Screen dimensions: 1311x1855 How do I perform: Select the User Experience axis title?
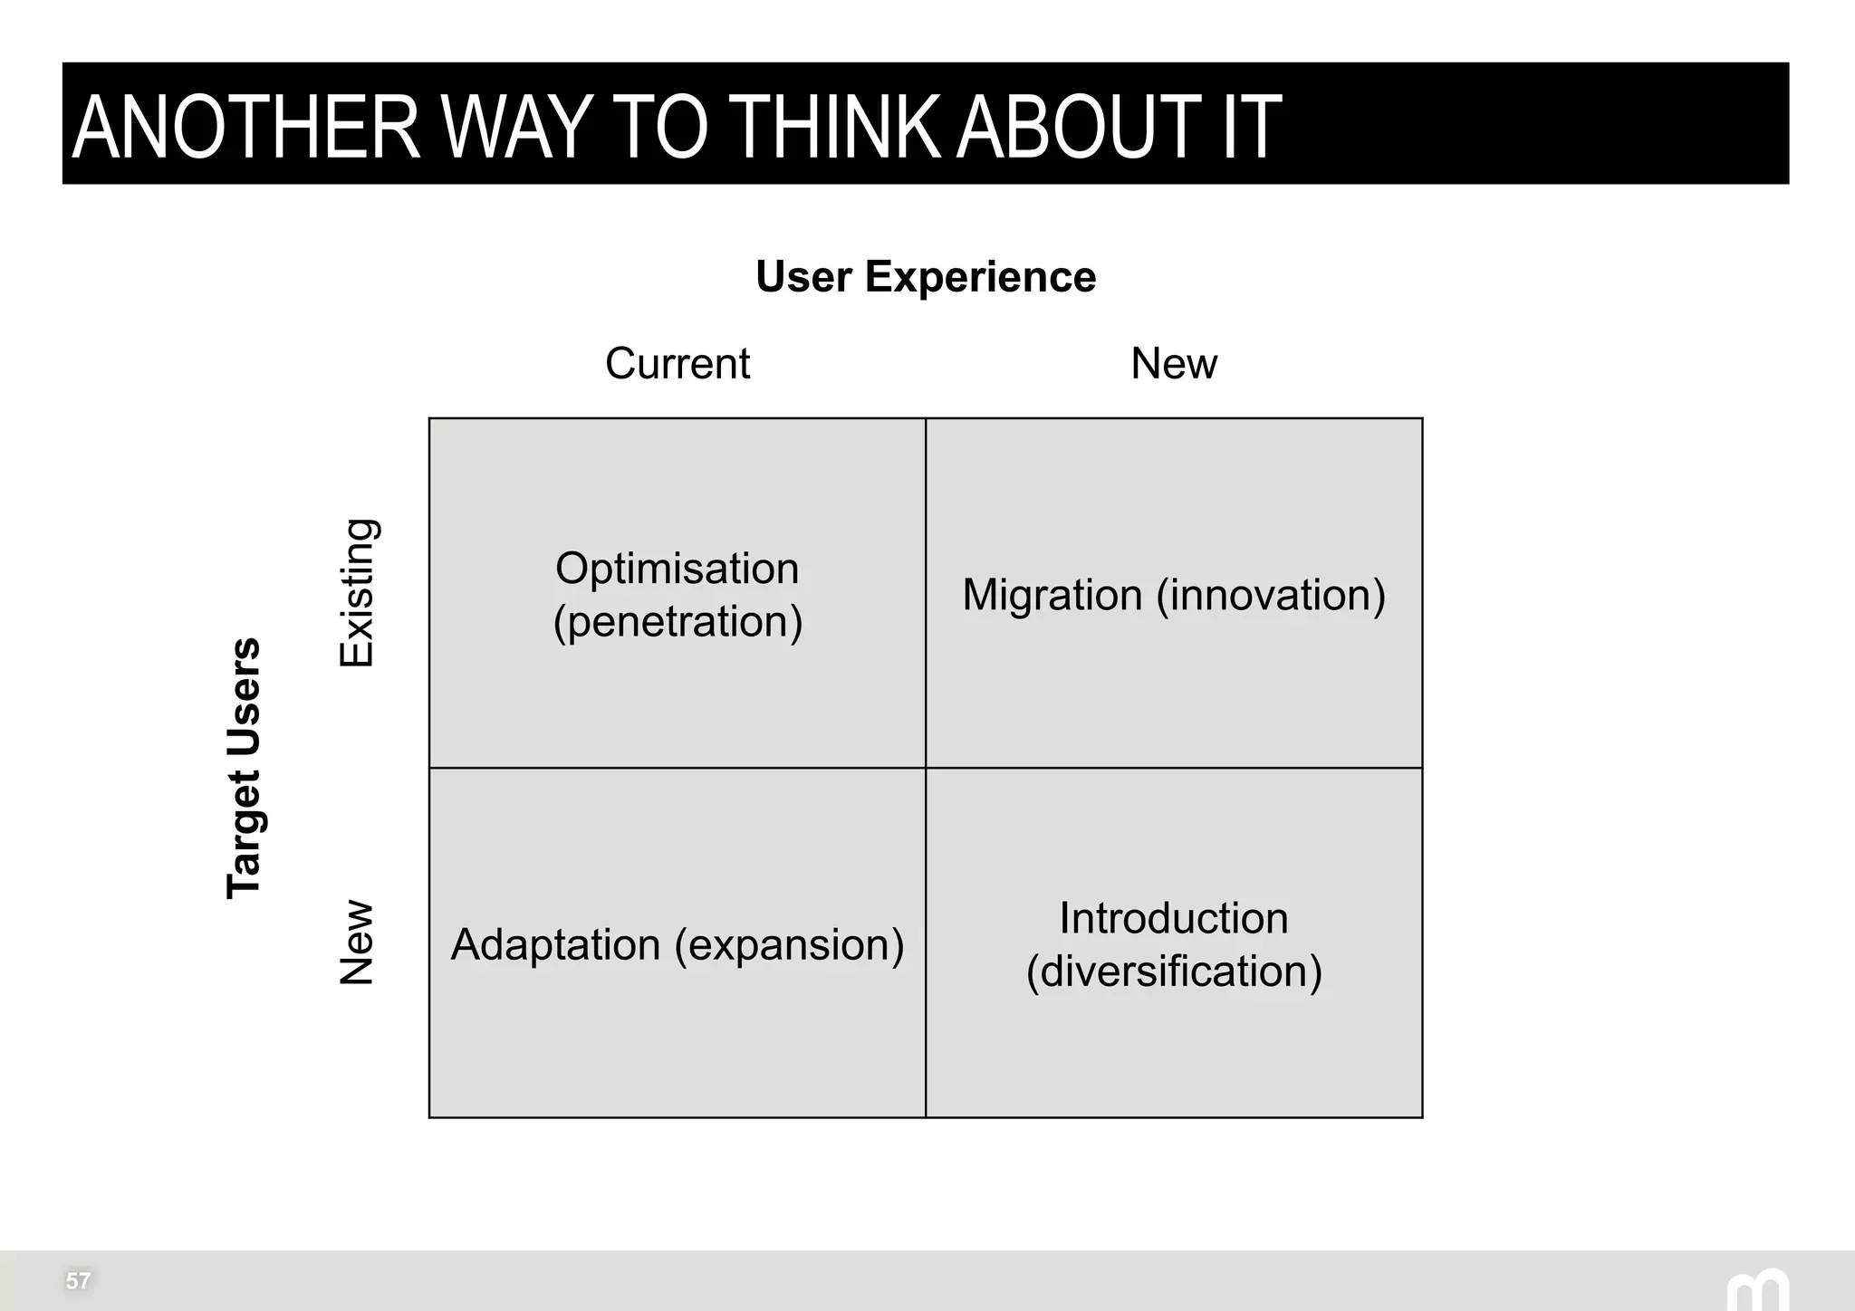click(x=925, y=276)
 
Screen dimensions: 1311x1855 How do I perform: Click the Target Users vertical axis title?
click(x=244, y=768)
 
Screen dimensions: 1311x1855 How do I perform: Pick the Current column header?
click(x=677, y=363)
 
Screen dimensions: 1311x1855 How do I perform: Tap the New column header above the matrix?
click(x=1173, y=363)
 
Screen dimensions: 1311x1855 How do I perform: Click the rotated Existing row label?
click(x=356, y=593)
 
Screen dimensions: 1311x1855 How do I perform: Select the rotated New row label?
click(x=356, y=943)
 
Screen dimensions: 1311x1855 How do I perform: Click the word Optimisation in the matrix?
click(x=677, y=569)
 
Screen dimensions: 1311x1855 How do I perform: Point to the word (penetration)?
click(x=677, y=621)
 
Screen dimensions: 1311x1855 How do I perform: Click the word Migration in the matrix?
click(x=1052, y=595)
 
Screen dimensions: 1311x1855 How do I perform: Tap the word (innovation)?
click(x=1271, y=595)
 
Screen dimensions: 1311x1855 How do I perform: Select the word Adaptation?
click(x=555, y=944)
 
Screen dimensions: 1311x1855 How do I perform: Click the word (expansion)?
click(x=789, y=944)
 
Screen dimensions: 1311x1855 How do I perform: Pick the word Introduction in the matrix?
click(x=1173, y=918)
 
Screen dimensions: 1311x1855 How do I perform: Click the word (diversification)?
click(x=1173, y=971)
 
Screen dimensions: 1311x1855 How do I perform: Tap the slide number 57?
click(x=78, y=1280)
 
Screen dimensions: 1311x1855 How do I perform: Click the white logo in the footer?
click(x=1756, y=1291)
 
